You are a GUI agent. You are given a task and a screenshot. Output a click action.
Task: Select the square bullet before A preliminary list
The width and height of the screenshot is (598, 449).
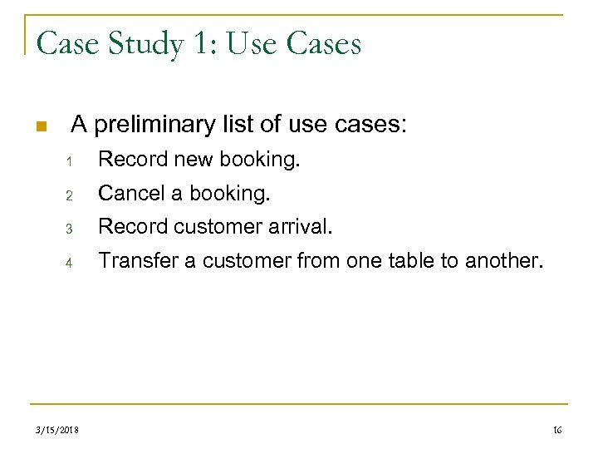pyautogui.click(x=40, y=127)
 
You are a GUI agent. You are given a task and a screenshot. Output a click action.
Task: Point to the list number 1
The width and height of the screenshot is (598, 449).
pyautogui.click(x=71, y=160)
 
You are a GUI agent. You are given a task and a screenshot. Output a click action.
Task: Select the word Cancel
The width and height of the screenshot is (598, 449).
pyautogui.click(x=131, y=193)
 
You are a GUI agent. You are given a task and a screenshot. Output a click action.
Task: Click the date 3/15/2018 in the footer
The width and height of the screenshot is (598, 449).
pyautogui.click(x=57, y=429)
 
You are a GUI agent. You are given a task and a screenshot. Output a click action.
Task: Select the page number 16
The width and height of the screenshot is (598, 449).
pyautogui.click(x=556, y=429)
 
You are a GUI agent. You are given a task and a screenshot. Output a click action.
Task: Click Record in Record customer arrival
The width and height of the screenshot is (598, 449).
pyautogui.click(x=133, y=226)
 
